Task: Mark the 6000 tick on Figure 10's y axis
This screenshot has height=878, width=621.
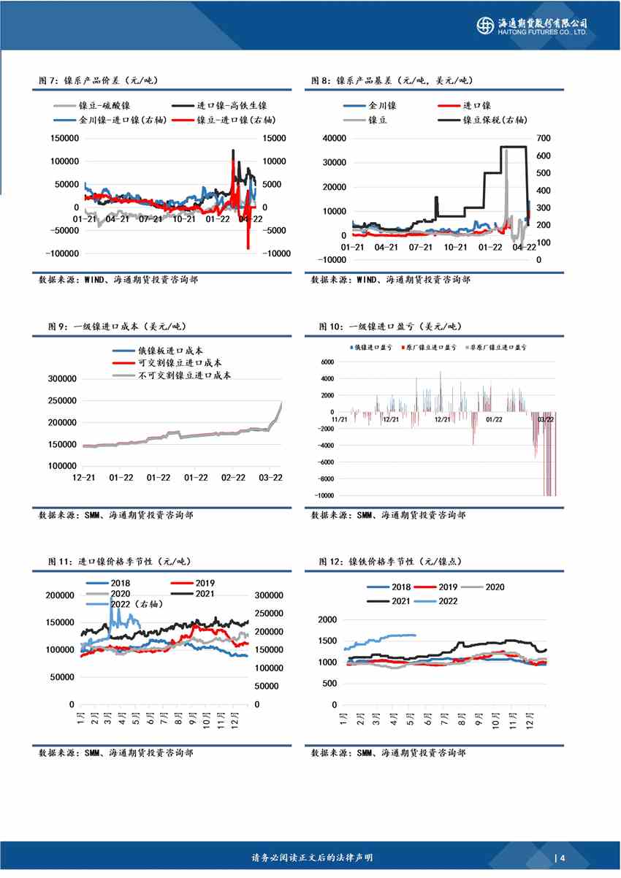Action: point(326,362)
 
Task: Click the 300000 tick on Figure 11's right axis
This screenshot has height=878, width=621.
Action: point(270,595)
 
